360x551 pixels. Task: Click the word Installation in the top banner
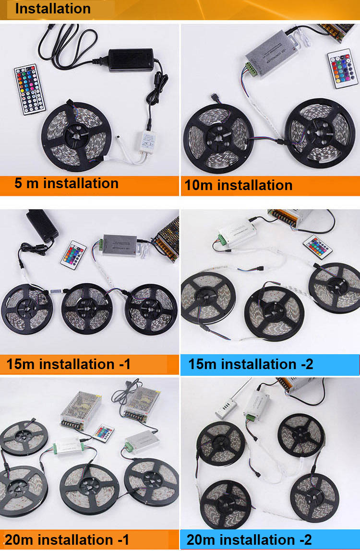coord(53,9)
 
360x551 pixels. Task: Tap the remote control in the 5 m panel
coord(30,89)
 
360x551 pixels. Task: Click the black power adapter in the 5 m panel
coord(131,60)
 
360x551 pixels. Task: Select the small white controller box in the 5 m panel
coord(148,141)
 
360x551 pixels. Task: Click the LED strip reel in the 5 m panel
coord(76,136)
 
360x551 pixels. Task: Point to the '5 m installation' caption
coord(66,183)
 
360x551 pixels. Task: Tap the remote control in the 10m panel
coord(342,68)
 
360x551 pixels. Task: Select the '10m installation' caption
coord(239,185)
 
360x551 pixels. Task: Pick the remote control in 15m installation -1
coord(73,255)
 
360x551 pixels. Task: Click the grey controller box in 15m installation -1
coord(119,245)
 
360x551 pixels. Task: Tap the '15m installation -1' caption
coord(69,364)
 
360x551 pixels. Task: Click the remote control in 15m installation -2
coord(318,247)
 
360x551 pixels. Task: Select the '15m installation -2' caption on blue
coord(251,364)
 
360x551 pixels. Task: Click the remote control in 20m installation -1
coord(103,433)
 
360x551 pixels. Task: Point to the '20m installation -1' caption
coord(67,540)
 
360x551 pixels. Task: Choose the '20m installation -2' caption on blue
coord(249,540)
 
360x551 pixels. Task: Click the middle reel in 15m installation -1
coord(87,309)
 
